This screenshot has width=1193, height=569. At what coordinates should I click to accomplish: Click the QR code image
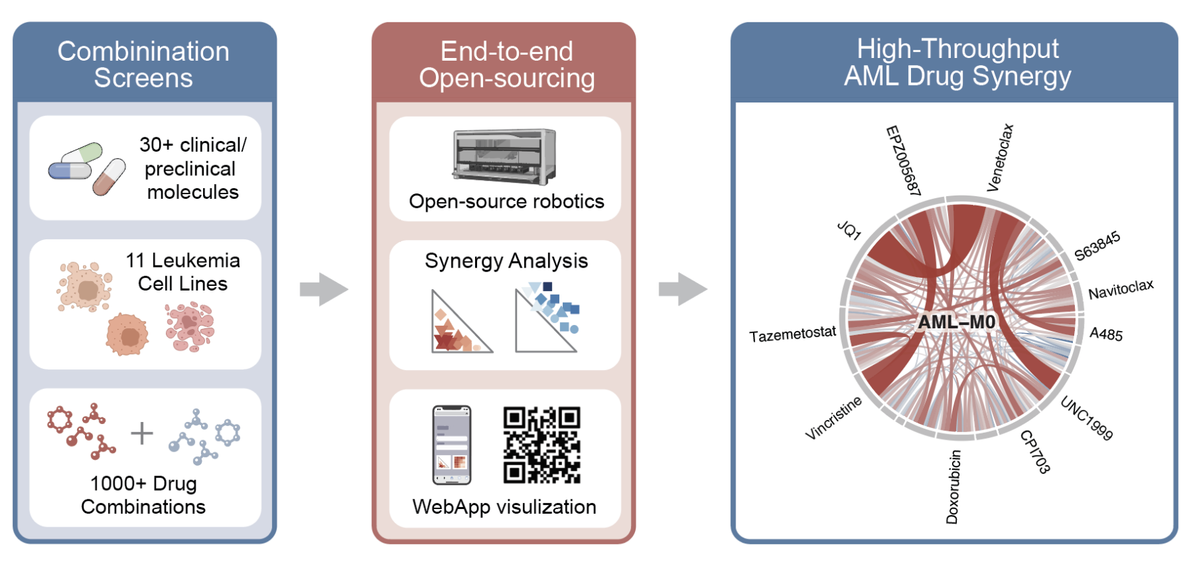pos(541,445)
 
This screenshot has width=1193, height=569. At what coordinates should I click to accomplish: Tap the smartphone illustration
pos(451,445)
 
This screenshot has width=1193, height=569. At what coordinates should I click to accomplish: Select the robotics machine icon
pos(505,156)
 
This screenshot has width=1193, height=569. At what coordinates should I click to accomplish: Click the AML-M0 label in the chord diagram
pos(956,322)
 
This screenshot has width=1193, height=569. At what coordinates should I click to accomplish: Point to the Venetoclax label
pos(1000,158)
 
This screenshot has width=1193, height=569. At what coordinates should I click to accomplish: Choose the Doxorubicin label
pos(952,487)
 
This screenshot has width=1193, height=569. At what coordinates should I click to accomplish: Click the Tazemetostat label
pos(792,334)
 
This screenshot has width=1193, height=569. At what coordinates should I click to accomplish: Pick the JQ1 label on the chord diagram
pos(849,231)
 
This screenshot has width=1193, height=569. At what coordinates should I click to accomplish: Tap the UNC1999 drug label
pos(1086,418)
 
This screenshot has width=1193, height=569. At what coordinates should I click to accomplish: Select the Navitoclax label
pos(1121,289)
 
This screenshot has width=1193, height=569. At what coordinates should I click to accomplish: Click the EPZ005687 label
pos(903,160)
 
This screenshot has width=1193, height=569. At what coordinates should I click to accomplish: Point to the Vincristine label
pos(833,418)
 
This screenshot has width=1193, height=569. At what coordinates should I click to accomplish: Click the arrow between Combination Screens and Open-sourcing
pos(324,289)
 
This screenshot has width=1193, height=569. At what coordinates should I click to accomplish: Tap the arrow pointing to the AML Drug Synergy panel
pos(683,289)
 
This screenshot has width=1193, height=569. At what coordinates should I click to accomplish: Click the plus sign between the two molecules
pos(142,433)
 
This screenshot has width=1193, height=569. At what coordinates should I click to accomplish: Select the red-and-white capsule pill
pos(109,177)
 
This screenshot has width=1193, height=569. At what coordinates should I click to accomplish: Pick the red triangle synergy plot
pos(459,324)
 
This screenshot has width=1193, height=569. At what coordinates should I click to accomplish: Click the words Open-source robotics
pos(506,202)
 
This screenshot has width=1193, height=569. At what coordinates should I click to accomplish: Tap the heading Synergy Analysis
pos(506,261)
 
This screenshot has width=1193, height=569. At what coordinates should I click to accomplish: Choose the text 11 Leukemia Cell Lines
pos(183,272)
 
